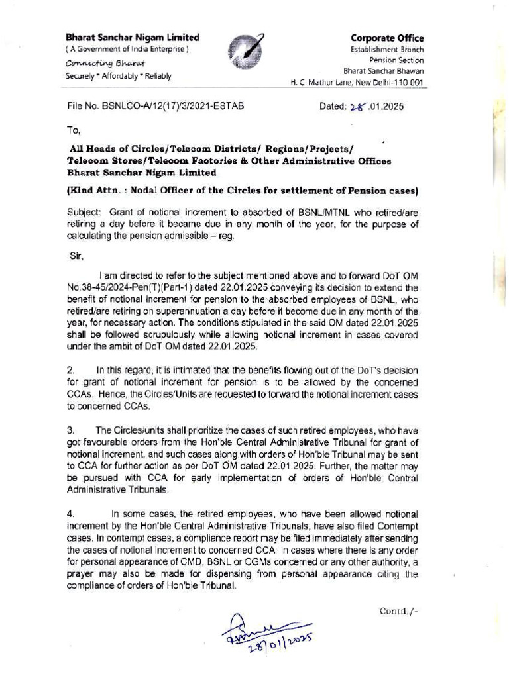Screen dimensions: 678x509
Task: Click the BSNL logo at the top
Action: (x=245, y=54)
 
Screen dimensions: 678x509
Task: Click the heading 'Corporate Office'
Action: (x=387, y=38)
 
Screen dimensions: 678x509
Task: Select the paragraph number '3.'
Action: (x=71, y=430)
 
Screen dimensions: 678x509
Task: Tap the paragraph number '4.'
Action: (x=71, y=512)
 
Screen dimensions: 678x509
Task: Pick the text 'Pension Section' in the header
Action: (x=396, y=60)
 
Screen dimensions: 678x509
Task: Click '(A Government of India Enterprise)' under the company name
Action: (x=127, y=50)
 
